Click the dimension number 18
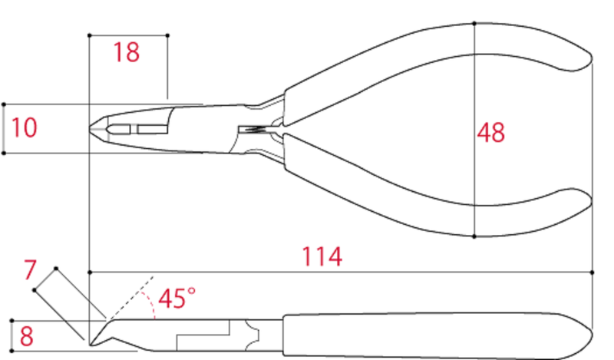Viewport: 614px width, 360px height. (127, 53)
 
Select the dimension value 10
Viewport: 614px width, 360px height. (24, 127)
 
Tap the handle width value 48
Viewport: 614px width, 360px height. (491, 132)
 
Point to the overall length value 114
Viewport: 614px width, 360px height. (322, 256)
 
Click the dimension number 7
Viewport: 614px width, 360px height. (30, 270)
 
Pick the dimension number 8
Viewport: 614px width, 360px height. (26, 336)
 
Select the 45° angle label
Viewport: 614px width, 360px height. (176, 298)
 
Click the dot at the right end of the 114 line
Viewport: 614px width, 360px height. (593, 272)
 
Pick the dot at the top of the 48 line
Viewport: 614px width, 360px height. (475, 23)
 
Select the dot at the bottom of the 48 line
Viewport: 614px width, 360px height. (475, 236)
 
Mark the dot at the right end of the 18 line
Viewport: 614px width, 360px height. (167, 35)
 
